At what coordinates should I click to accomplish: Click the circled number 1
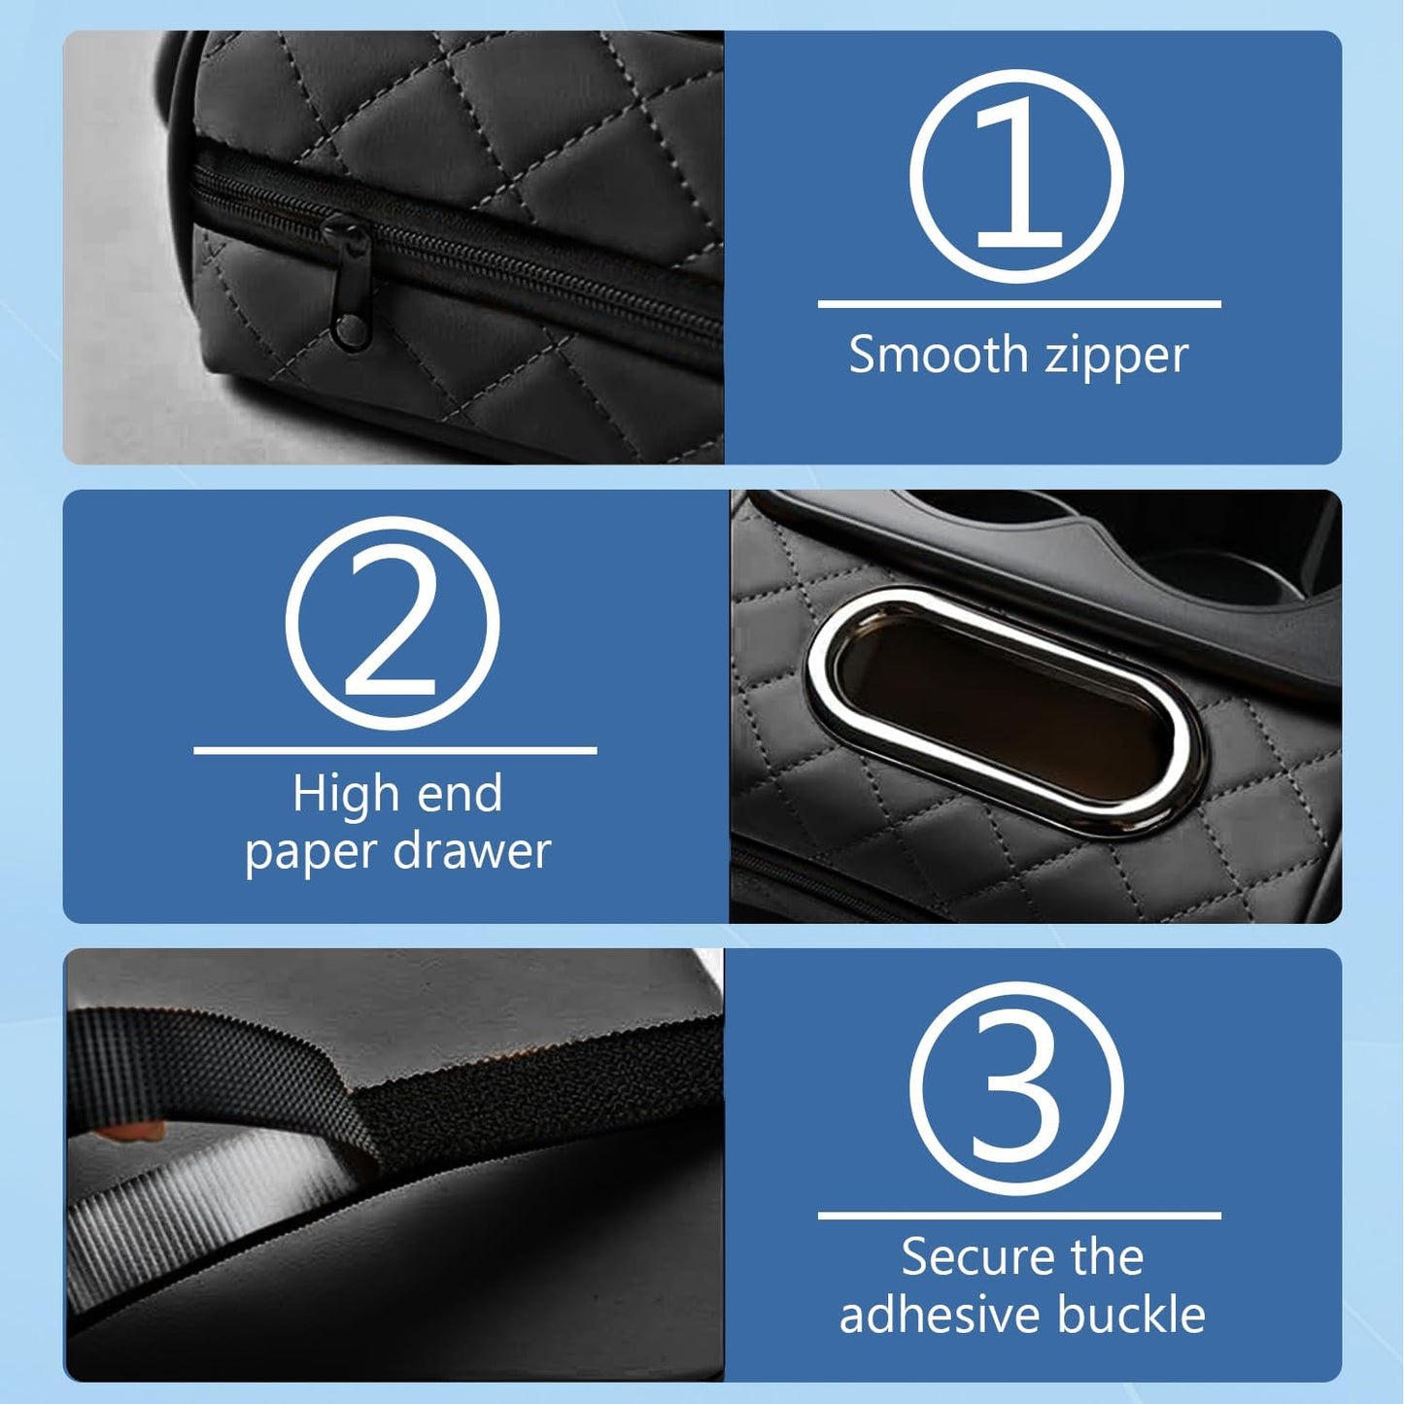click(x=1016, y=176)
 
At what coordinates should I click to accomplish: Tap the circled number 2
click(x=393, y=623)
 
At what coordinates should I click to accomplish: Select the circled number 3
click(x=1016, y=1087)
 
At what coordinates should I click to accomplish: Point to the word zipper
click(x=1116, y=357)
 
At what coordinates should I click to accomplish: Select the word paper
click(x=310, y=853)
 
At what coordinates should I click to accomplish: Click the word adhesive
click(x=939, y=1315)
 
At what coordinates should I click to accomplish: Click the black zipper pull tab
click(x=349, y=282)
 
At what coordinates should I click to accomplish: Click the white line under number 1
click(x=1018, y=304)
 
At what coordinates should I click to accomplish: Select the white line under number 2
click(x=394, y=750)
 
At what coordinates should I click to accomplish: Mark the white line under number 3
click(x=1018, y=1215)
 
